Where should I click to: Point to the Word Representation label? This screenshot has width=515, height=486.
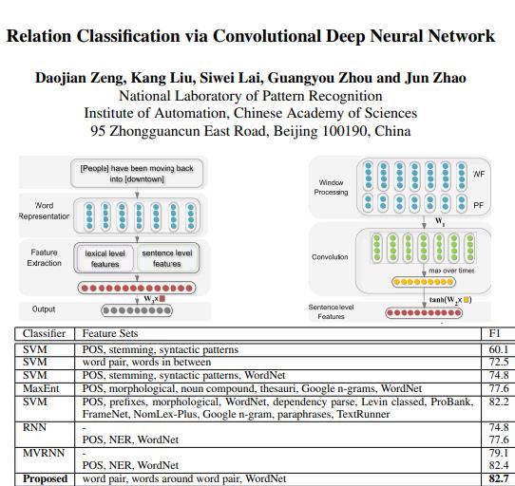[x=45, y=211]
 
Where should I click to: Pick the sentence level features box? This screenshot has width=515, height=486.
[x=166, y=258]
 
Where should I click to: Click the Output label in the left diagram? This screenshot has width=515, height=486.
[x=44, y=309]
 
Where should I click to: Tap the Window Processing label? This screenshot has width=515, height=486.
[x=331, y=187]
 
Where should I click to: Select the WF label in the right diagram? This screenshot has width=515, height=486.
[x=478, y=175]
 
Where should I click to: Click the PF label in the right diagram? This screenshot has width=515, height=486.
[x=478, y=203]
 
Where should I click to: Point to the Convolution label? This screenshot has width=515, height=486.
[x=330, y=257]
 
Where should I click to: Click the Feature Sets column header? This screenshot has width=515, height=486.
[x=110, y=334]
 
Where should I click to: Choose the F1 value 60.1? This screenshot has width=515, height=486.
[x=498, y=348]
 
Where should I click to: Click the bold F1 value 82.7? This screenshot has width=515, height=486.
[x=498, y=479]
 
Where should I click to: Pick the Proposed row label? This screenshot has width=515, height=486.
[x=46, y=479]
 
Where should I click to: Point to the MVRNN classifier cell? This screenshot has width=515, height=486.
[x=43, y=454]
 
